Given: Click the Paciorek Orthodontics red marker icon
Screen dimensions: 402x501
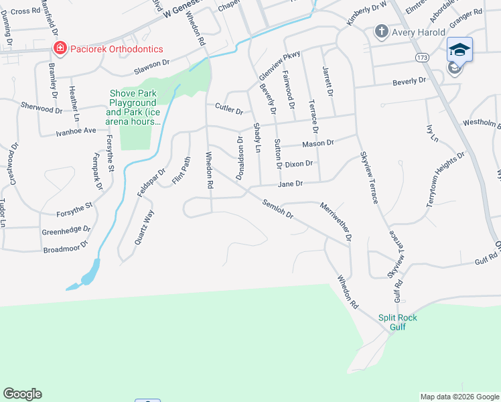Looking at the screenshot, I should [60, 48].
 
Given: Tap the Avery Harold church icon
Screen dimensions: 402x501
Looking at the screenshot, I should [381, 31].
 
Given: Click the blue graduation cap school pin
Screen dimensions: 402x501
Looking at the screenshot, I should [459, 50].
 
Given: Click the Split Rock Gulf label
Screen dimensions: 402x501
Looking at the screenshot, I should [397, 322].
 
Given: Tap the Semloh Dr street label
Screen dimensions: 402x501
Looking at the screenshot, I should [279, 208].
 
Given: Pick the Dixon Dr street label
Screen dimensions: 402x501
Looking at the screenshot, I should [299, 163].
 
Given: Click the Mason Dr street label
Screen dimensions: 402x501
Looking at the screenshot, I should [317, 143].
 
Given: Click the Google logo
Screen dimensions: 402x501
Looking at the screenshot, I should [22, 394].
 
